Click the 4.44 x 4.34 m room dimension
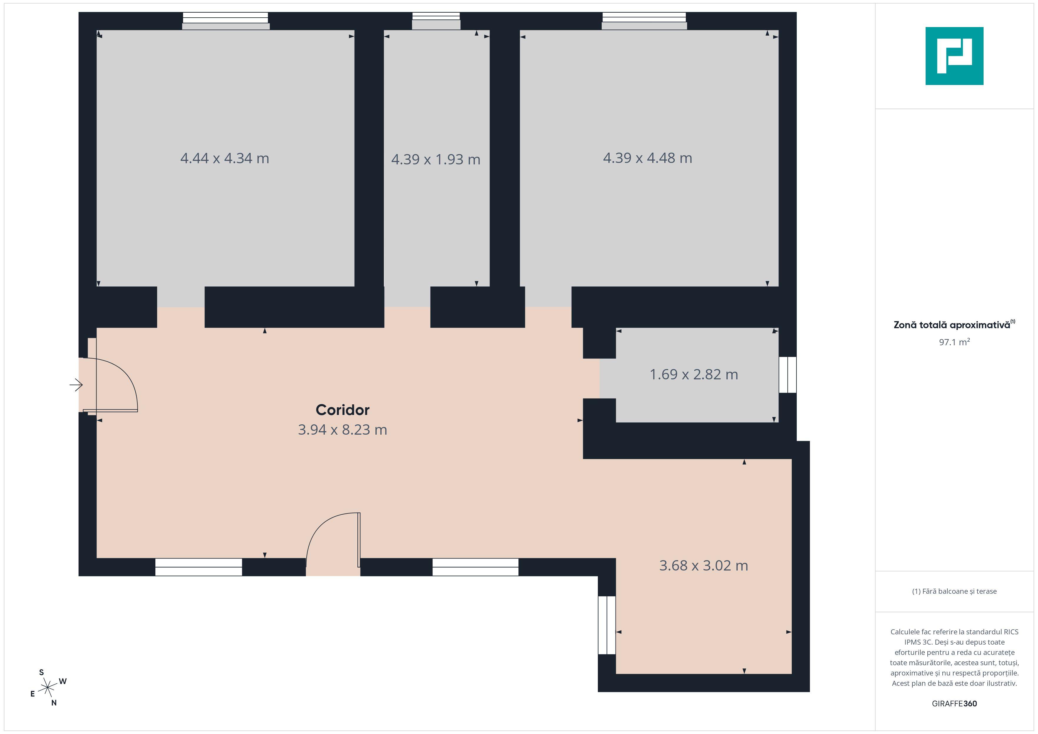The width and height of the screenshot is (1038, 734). (225, 158)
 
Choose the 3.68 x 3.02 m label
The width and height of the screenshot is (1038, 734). (703, 565)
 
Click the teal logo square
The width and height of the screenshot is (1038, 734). (954, 56)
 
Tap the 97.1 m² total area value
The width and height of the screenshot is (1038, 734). (954, 342)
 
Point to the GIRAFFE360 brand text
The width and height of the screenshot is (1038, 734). (954, 704)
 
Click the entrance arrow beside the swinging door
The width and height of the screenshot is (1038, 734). (76, 385)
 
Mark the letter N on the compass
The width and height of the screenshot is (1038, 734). (54, 703)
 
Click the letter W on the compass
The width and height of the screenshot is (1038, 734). (63, 681)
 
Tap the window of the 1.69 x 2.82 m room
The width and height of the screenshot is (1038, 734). (788, 375)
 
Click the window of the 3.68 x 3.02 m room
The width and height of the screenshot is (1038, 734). (607, 625)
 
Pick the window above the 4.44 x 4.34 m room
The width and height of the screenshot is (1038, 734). (226, 21)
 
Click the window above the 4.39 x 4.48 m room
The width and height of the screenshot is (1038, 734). (644, 21)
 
